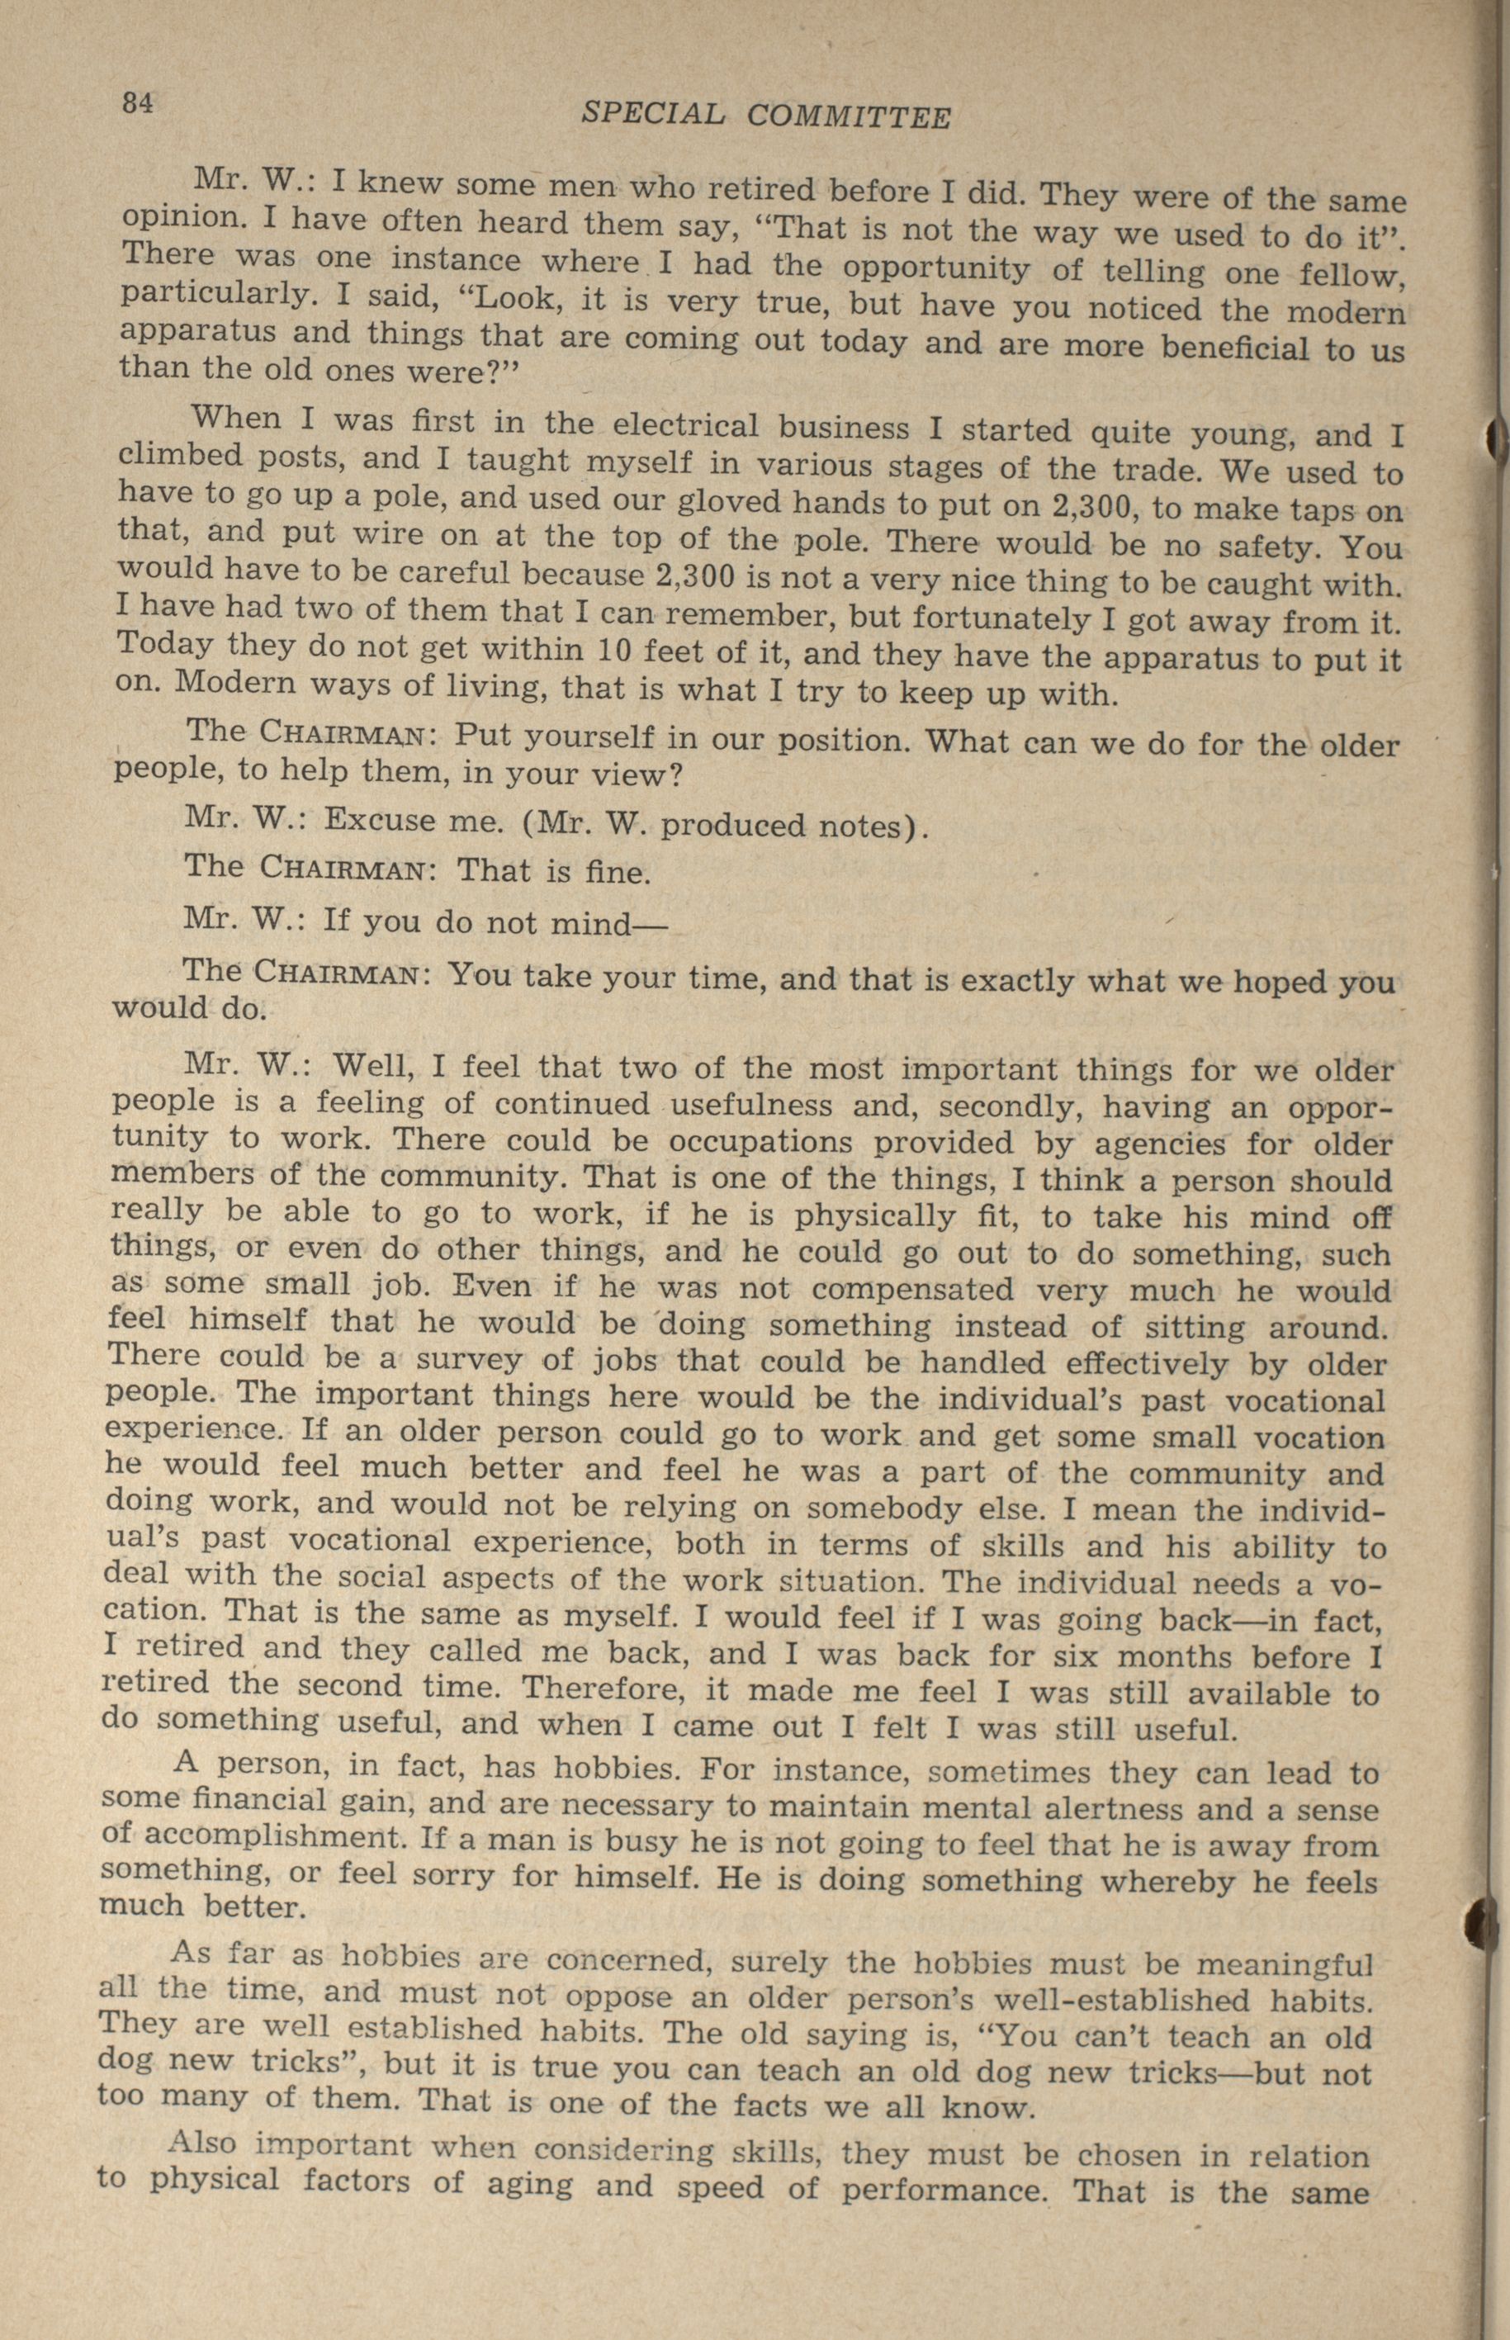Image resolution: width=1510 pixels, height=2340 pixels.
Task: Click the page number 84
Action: pos(138,102)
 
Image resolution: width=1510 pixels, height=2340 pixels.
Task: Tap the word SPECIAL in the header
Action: pos(653,115)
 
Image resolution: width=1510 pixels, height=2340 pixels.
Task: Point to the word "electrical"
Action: pos(685,425)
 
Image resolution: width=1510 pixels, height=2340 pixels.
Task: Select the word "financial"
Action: pos(260,1802)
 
